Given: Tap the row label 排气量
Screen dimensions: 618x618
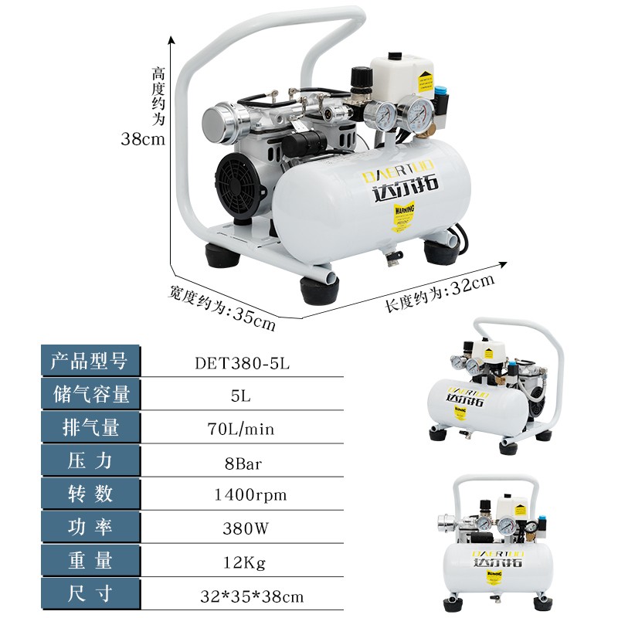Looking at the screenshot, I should [x=89, y=427].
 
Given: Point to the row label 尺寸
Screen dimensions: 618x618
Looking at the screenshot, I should [x=89, y=596].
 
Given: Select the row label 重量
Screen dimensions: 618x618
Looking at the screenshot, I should [x=89, y=562].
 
